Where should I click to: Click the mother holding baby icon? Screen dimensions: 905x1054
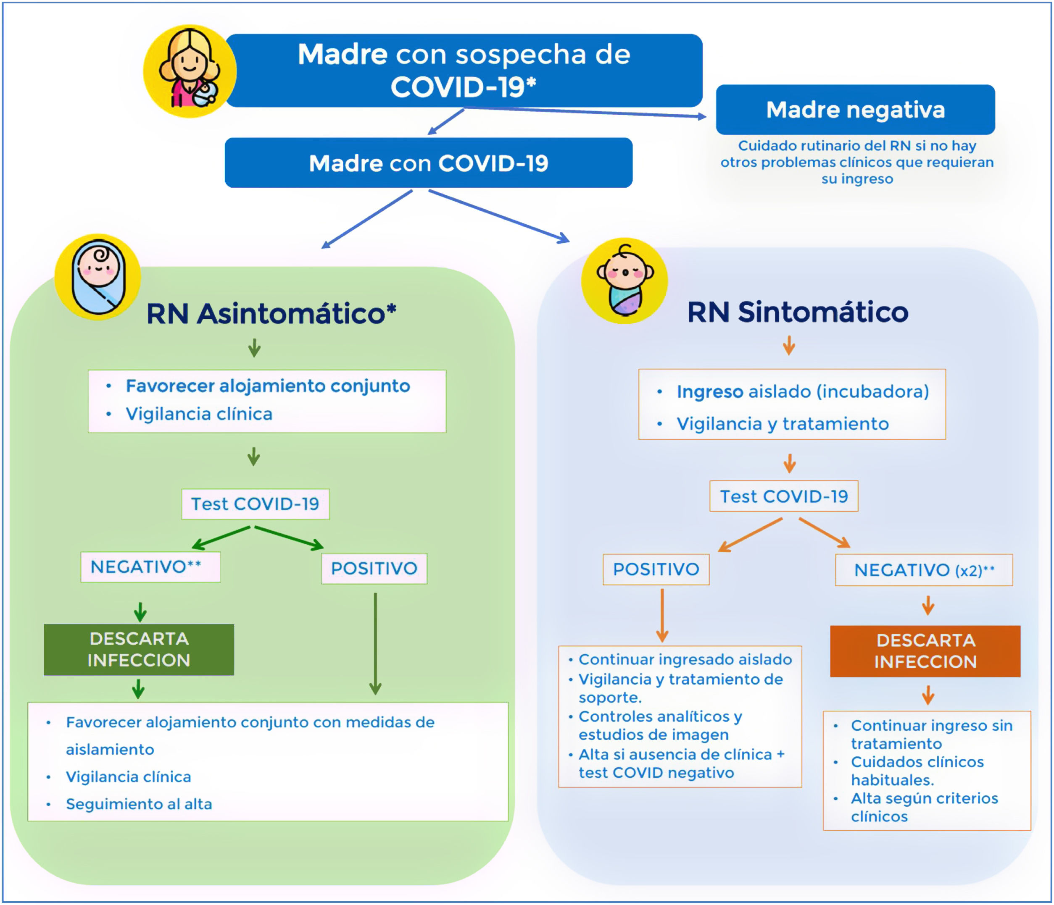tap(189, 71)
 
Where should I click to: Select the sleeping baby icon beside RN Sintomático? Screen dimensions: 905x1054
tap(624, 281)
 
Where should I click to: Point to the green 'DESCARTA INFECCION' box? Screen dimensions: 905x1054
tap(139, 649)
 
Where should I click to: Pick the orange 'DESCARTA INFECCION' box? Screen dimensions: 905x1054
tap(925, 651)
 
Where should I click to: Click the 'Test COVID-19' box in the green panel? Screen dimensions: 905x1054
tap(256, 504)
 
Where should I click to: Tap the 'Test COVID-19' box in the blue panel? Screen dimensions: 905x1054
tap(783, 496)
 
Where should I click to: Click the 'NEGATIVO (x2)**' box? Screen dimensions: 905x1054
tap(923, 570)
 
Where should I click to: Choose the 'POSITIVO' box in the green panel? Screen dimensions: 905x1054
tap(374, 569)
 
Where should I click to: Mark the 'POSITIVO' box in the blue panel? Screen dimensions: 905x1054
tap(656, 569)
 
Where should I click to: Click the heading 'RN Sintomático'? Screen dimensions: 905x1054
tap(797, 312)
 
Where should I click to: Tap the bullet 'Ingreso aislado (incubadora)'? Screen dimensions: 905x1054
tap(802, 391)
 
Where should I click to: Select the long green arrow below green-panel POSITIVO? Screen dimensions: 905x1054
tap(375, 643)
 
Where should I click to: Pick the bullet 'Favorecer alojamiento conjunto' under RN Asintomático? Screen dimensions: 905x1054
tap(268, 386)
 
